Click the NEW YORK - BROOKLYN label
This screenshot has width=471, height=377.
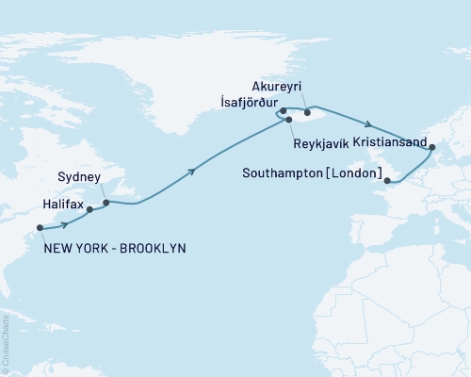[116, 248]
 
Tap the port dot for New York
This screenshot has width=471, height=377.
[40, 227]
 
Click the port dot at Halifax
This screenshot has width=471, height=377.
[89, 210]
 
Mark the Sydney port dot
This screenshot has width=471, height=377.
[106, 202]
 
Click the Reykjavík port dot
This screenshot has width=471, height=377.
[289, 121]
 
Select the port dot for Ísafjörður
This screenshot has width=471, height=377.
[283, 111]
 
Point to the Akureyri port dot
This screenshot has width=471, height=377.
[307, 112]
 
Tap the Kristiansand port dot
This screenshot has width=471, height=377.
[432, 147]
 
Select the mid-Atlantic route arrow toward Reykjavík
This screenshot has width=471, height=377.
[192, 171]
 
